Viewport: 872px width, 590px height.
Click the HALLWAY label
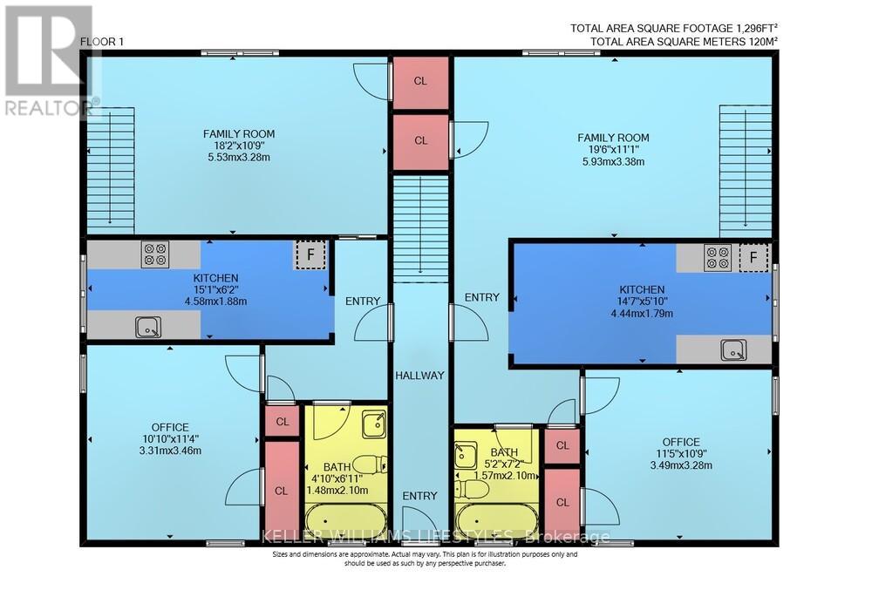(x=419, y=376)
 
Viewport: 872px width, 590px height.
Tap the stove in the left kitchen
(x=155, y=254)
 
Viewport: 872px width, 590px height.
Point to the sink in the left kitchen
(x=148, y=327)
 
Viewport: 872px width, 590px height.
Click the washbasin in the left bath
(x=374, y=423)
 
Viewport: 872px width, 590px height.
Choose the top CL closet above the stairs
(x=420, y=81)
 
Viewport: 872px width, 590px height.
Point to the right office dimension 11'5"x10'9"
(x=680, y=454)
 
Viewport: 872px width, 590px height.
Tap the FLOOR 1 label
(x=103, y=42)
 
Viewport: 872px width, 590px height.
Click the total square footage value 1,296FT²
(x=749, y=28)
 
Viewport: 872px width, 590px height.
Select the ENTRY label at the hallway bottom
(x=419, y=496)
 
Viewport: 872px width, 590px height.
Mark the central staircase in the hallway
(x=419, y=227)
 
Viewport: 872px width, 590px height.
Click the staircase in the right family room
(x=746, y=171)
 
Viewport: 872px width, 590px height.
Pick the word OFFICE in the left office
(x=170, y=427)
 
